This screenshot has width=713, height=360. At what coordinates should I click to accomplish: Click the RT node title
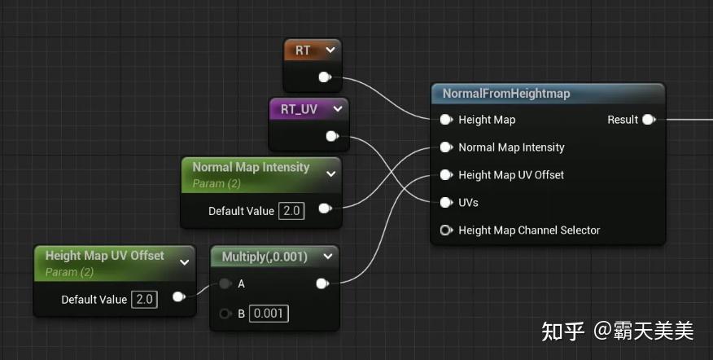(x=303, y=50)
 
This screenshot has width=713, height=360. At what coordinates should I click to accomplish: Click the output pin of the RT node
(x=325, y=77)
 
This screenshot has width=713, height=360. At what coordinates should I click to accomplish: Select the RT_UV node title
(x=299, y=109)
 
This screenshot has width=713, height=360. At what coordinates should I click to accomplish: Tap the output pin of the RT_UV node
(x=332, y=136)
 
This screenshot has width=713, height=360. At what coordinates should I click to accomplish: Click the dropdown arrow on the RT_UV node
(x=338, y=109)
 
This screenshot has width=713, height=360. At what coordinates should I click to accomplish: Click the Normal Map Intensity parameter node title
(x=251, y=167)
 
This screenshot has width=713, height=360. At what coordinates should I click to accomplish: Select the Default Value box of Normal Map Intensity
(x=291, y=211)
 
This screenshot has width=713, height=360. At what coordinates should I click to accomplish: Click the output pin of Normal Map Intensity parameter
(x=325, y=209)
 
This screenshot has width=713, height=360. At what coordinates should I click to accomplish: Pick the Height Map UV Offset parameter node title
(x=104, y=256)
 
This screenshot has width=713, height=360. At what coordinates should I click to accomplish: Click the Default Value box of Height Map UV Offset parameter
(x=145, y=300)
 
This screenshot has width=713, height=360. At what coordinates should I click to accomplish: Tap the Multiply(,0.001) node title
(x=265, y=257)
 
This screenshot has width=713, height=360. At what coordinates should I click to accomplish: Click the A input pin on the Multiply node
(x=225, y=284)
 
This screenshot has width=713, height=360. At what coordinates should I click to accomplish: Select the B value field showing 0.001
(x=269, y=314)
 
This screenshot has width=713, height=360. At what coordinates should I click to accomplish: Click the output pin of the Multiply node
(x=322, y=284)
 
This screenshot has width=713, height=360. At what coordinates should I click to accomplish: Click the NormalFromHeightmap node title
(x=506, y=94)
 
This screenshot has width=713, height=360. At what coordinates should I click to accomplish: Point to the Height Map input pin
(x=446, y=120)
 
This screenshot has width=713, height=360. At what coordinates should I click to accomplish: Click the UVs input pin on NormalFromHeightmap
(x=446, y=203)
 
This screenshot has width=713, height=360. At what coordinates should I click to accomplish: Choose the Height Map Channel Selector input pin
(x=446, y=230)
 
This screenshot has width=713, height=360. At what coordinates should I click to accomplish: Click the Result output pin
(x=649, y=120)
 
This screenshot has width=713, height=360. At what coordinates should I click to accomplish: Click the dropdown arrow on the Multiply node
(x=328, y=257)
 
